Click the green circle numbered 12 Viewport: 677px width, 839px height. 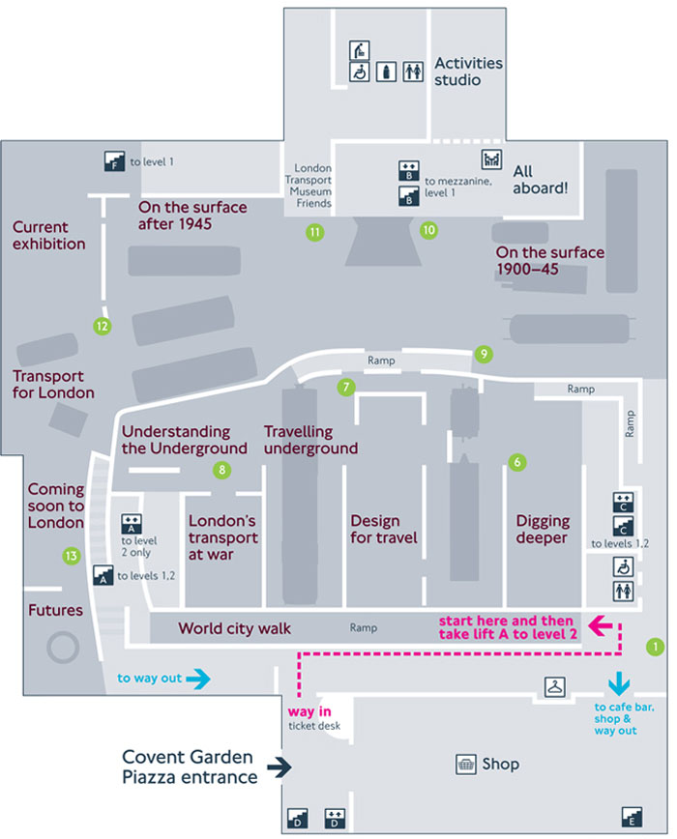[103, 326]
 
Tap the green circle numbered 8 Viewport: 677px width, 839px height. [222, 471]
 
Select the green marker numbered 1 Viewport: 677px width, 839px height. [656, 646]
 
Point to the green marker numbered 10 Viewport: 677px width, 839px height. [428, 230]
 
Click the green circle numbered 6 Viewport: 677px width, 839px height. [517, 463]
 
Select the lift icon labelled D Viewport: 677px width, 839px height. [336, 818]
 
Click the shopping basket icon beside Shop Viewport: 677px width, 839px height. [467, 764]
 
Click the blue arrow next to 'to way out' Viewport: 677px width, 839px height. [196, 679]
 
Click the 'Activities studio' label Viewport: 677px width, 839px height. [469, 72]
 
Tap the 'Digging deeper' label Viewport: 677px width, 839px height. [543, 529]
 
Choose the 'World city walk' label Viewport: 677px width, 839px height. [234, 629]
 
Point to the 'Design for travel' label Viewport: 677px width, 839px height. [384, 529]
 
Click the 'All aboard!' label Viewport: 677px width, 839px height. [540, 180]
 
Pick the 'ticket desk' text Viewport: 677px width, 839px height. [314, 726]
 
